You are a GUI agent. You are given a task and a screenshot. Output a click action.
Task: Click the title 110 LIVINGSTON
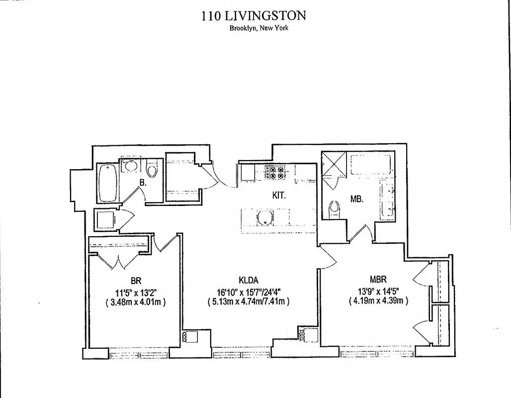coord(254,15)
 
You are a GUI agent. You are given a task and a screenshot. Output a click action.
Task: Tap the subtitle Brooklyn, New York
coord(258,28)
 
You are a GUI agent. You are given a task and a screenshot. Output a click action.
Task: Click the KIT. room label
coord(278,196)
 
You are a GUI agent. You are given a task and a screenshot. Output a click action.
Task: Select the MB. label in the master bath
coord(357,199)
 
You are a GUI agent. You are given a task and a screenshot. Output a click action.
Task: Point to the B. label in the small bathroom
coord(143,183)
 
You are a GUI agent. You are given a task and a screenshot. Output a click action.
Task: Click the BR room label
coord(135,281)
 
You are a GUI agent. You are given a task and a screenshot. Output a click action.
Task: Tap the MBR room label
coord(377,280)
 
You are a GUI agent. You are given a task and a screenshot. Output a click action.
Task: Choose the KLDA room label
coord(248,280)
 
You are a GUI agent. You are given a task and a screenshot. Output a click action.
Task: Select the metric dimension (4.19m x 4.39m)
coord(379,300)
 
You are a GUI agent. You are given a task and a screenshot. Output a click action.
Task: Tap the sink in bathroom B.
coord(131,166)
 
